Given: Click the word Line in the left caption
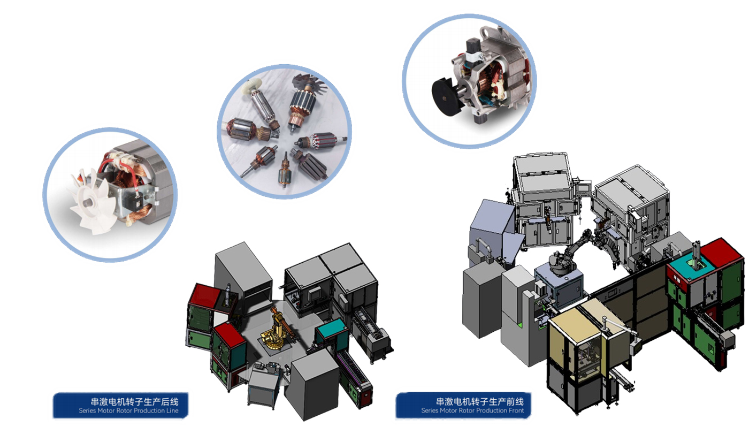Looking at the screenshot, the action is (x=172, y=410).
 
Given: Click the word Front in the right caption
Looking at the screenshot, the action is (x=515, y=410).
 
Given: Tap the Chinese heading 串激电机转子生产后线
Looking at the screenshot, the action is (x=134, y=401).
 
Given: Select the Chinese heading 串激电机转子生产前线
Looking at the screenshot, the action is (x=480, y=401).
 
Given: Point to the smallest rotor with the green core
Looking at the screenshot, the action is (x=284, y=171).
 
